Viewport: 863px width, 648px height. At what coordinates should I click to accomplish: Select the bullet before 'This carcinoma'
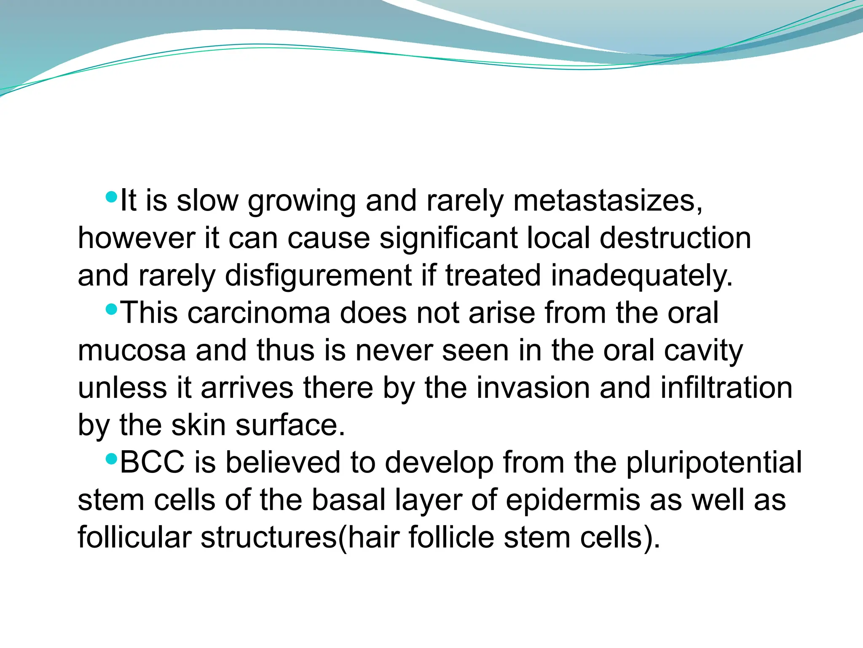click(x=111, y=310)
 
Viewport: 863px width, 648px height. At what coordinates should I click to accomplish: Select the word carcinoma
click(x=258, y=313)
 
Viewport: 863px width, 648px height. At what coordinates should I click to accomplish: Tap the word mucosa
click(x=131, y=351)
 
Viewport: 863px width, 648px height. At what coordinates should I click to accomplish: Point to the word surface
click(x=290, y=425)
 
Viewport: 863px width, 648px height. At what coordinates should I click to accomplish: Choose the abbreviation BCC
click(x=152, y=462)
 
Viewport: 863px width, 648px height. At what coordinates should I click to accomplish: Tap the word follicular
click(x=134, y=537)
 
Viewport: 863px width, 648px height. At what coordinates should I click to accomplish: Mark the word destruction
click(x=675, y=238)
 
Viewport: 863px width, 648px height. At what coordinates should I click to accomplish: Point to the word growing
click(x=302, y=202)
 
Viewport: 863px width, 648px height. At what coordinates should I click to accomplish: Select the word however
click(x=136, y=238)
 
